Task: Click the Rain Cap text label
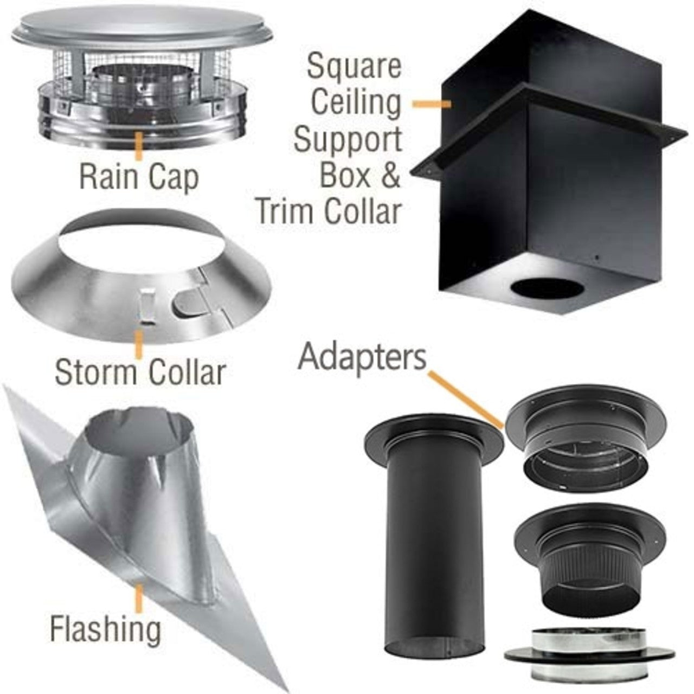[139, 177]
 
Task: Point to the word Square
[354, 67]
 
